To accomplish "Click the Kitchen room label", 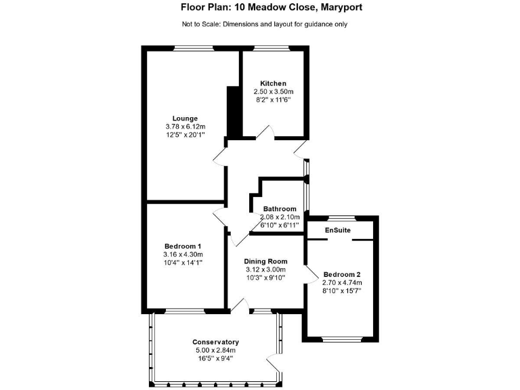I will tap(274, 83).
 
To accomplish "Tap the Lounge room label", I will tap(185, 118).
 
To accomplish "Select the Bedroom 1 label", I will tap(183, 246).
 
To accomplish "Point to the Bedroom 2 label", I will tap(343, 274).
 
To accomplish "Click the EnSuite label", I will tap(338, 231).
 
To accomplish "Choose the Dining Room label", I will tap(265, 261).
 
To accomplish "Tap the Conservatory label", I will tap(215, 342).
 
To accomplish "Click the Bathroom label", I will tap(280, 209).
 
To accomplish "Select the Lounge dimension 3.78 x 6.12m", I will tap(185, 126).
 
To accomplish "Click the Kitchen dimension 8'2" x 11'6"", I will tap(274, 100).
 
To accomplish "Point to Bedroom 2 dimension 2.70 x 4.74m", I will tap(343, 282).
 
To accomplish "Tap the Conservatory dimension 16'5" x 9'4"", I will tap(215, 358).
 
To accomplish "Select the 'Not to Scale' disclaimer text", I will tap(265, 24).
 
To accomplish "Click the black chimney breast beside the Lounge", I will tap(233, 112).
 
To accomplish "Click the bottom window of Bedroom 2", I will tap(343, 338).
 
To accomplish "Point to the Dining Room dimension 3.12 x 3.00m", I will tap(265, 269).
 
